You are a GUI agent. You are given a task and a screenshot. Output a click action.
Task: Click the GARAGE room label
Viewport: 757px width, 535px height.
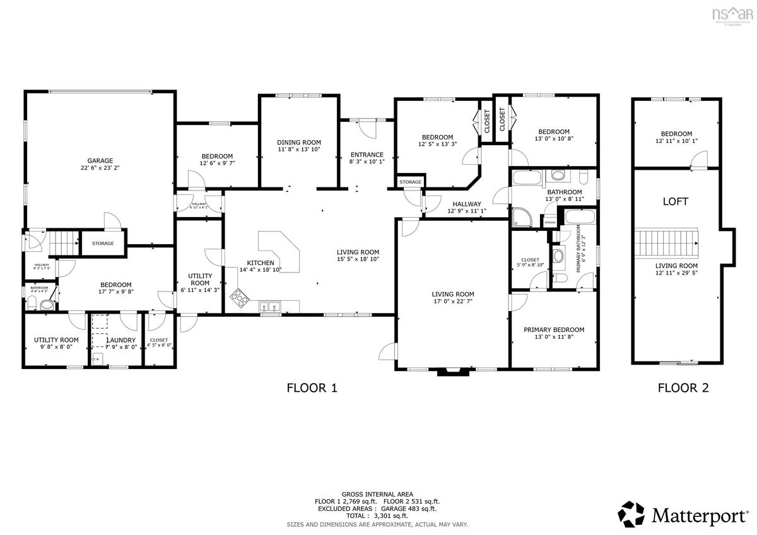100,160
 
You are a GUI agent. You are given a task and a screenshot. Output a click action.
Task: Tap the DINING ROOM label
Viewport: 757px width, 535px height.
299,143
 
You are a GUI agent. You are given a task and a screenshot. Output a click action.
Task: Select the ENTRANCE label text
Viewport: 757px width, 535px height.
367,155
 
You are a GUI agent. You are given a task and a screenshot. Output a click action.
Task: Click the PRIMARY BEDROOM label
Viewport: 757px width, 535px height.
554,329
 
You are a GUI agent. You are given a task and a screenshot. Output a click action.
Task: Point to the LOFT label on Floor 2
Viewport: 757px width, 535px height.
675,202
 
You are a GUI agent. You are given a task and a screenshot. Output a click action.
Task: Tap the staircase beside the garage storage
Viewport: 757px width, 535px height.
63,241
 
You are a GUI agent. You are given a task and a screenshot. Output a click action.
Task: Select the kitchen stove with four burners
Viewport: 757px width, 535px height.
240,295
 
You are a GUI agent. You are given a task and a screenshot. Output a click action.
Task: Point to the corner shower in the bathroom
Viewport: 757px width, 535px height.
521,218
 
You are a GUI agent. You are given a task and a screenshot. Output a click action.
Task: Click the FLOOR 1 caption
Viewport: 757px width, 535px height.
312,388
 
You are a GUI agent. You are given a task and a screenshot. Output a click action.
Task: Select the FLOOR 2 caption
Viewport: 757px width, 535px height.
683,388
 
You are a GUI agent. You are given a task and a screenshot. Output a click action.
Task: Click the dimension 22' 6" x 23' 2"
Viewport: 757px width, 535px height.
100,168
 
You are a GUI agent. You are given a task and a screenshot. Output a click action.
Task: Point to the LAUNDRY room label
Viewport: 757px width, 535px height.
120,340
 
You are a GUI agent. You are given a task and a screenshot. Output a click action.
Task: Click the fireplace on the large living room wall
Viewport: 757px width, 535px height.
454,372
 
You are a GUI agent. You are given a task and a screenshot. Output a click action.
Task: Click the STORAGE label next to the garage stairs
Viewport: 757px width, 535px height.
103,244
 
